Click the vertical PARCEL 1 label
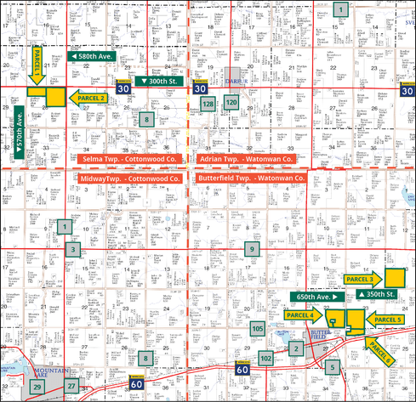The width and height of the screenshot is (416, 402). click(37, 65)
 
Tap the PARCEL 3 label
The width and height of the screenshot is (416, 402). click(362, 278)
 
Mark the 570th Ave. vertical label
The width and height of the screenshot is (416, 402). click(19, 134)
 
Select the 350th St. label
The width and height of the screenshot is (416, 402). click(380, 294)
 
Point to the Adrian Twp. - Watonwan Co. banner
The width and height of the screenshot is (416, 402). click(247, 159)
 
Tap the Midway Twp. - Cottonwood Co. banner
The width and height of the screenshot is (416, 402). click(129, 179)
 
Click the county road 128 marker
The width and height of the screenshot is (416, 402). click(208, 104)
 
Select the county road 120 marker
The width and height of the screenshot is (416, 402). click(231, 103)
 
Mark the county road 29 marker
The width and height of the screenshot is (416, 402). click(37, 387)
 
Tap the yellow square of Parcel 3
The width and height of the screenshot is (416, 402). click(395, 277)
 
